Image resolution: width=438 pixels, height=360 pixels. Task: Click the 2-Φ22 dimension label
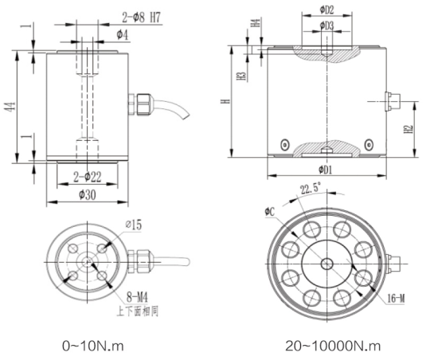[x=84, y=175]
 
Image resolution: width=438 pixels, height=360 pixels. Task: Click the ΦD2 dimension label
[x=326, y=10]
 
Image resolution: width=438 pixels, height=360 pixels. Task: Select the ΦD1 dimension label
[x=326, y=170]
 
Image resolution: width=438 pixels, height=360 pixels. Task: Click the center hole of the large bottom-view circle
[x=327, y=264]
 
